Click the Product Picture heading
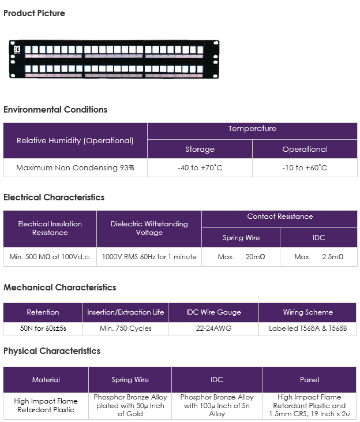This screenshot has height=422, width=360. [34, 13]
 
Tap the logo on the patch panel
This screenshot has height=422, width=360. [17, 50]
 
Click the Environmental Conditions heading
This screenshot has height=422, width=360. [55, 110]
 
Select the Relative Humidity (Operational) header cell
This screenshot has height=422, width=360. [75, 140]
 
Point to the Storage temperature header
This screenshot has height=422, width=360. [200, 149]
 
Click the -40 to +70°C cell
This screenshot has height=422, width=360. [200, 167]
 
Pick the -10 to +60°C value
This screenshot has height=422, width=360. [305, 167]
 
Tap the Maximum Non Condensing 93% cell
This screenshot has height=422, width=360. [75, 167]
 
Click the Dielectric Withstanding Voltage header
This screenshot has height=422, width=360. [149, 228]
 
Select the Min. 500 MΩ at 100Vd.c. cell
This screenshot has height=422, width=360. [50, 257]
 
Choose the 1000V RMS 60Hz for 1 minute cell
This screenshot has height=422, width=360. [149, 257]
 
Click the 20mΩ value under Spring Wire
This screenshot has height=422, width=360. [256, 257]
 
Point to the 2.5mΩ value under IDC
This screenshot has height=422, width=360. [333, 257]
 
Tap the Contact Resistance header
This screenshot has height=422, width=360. [280, 216]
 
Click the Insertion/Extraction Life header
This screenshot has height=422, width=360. [125, 312]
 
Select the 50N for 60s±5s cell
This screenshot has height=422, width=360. [43, 328]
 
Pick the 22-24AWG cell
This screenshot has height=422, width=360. [213, 328]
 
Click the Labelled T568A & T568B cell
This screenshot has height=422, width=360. [308, 328]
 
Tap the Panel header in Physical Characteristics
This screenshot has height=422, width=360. [309, 380]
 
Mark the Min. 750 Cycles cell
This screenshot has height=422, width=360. [125, 328]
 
